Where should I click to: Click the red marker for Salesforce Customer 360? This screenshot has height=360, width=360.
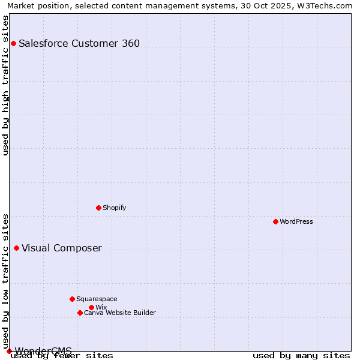13,43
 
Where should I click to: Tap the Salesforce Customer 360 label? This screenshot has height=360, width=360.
79,43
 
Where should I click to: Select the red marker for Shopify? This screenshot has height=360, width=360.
98,208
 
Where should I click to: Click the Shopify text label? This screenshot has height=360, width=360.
114,208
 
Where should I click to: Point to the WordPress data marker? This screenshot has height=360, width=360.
275,221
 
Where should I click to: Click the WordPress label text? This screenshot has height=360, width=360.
296,221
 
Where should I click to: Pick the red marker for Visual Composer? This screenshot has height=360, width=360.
16,248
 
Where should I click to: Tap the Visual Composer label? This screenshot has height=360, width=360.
62,248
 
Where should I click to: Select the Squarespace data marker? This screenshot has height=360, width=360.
72,299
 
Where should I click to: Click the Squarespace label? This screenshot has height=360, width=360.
97,299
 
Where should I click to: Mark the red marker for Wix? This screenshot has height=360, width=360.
91,307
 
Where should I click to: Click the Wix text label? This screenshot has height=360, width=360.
101,307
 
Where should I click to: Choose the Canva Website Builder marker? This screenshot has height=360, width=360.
80,313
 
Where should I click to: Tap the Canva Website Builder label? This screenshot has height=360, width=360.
120,313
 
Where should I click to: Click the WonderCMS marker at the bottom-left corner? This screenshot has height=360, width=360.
9,351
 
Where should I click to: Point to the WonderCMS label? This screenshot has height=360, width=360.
43,351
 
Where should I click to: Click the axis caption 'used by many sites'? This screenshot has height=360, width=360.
301,355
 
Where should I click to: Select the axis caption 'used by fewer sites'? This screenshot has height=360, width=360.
62,355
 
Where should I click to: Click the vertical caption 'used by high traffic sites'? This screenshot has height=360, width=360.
5,85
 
